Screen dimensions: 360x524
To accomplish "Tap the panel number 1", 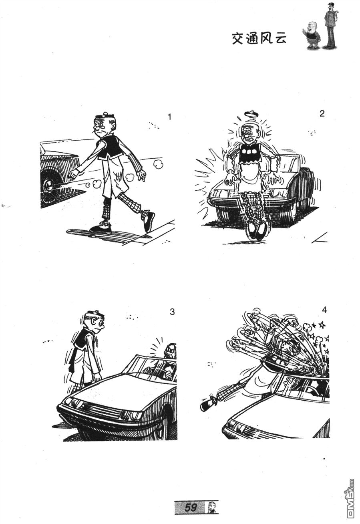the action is click(x=169, y=117).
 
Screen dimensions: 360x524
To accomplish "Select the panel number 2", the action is click(x=322, y=114).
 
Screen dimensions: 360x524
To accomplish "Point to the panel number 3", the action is click(x=172, y=312).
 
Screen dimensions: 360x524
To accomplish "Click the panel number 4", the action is click(x=324, y=310).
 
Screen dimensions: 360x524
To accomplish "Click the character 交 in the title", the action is click(x=238, y=38).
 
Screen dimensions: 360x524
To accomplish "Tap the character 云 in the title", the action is click(x=280, y=38).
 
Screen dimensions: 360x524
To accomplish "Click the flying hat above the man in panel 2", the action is click(x=251, y=114).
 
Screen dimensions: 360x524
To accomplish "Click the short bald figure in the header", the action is click(x=312, y=35).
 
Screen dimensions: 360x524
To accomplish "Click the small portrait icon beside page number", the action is click(x=212, y=506).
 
